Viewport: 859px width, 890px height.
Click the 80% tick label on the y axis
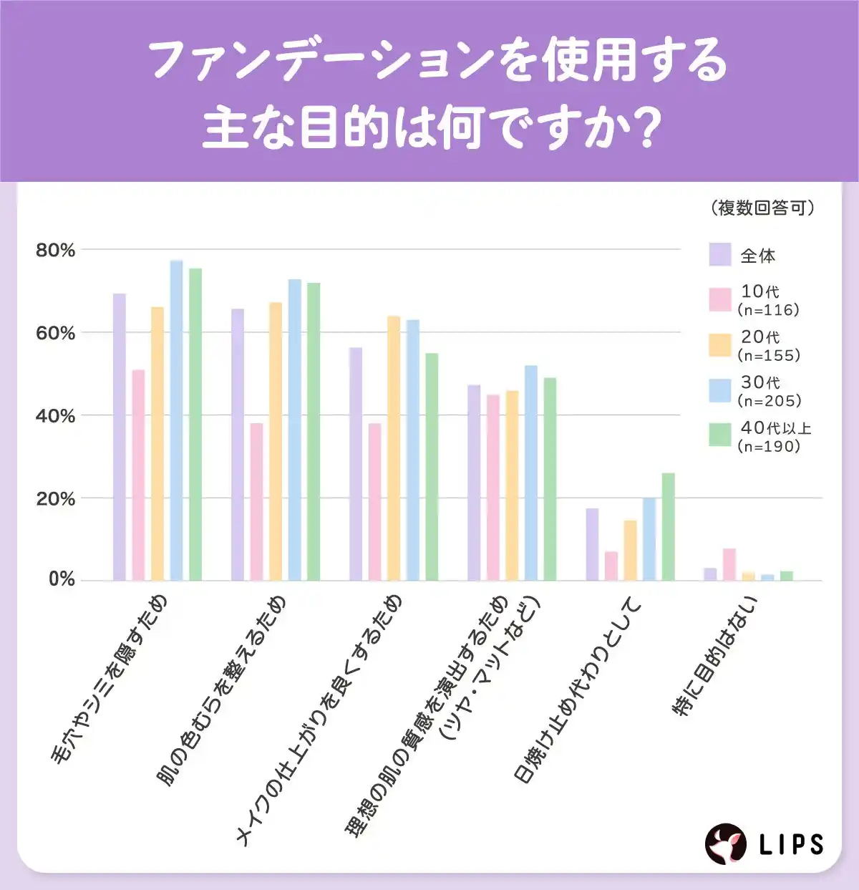coord(55,251)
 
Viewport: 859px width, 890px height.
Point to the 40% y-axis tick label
coord(55,416)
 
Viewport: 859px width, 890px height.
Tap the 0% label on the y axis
coord(61,579)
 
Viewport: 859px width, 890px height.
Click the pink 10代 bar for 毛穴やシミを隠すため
coord(138,475)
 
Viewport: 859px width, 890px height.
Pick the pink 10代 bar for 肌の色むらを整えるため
coord(256,501)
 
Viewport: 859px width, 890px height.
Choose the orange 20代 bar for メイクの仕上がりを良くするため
coord(394,448)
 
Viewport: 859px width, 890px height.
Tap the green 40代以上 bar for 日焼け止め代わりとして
coord(668,526)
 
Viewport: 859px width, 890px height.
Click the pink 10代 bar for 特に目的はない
coord(729,564)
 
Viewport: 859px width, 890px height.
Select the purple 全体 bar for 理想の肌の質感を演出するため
coord(474,483)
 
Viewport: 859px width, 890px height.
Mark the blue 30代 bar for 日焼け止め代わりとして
coord(649,538)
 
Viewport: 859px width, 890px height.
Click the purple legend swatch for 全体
coord(720,255)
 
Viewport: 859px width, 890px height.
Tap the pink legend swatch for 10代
coord(720,299)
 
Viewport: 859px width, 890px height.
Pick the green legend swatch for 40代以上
coord(720,435)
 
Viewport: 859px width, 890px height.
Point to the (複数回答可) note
coord(763,208)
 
